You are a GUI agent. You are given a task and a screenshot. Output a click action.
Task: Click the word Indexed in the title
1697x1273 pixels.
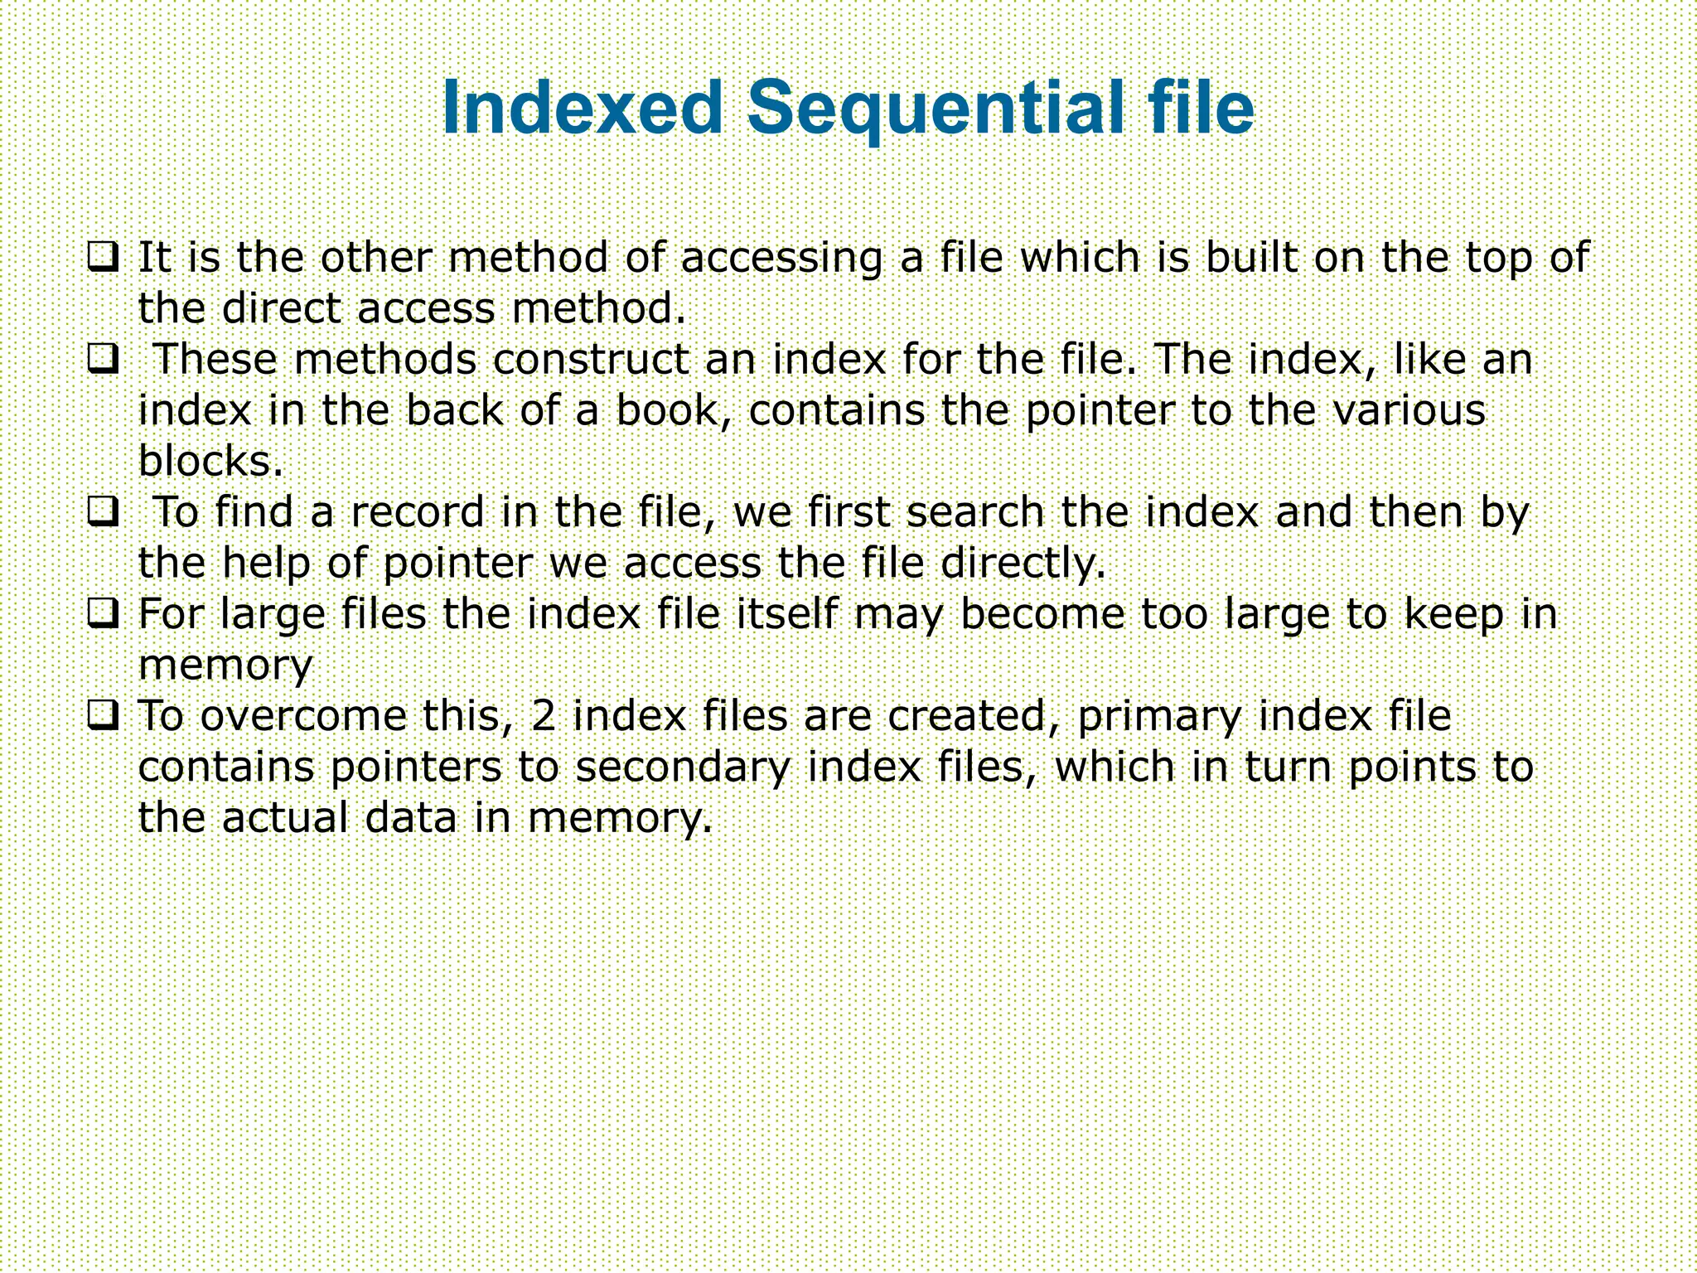tap(583, 109)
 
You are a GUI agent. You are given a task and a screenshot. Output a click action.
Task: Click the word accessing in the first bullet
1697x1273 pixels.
tap(781, 259)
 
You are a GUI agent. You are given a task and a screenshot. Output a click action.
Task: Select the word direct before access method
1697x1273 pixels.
tap(282, 308)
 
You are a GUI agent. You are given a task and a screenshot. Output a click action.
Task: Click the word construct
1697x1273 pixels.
tap(591, 360)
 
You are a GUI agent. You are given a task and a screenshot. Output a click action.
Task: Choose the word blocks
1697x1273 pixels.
tap(210, 462)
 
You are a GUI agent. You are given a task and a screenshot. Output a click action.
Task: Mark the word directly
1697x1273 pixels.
tap(1024, 565)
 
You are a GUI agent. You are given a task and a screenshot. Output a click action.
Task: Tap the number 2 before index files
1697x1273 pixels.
tap(544, 716)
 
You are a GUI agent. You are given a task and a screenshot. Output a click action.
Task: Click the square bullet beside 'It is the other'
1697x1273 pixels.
tap(103, 257)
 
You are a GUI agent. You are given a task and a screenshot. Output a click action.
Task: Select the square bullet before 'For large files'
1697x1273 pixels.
tap(103, 614)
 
